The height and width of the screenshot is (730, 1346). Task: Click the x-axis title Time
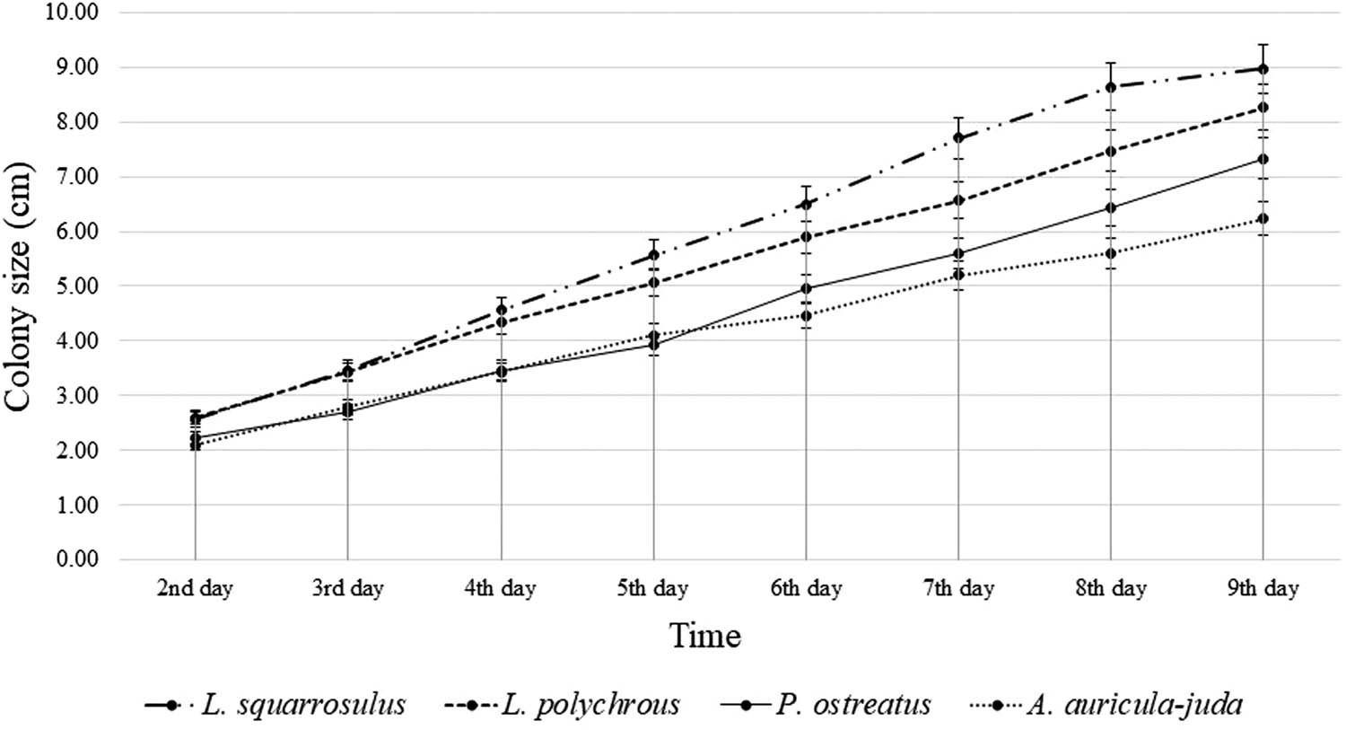point(705,636)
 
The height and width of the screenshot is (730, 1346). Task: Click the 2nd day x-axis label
point(195,589)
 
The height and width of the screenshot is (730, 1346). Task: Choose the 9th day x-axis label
point(1263,589)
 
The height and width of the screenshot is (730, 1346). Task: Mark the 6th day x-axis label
point(806,589)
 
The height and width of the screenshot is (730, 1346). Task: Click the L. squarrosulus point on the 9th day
point(1263,69)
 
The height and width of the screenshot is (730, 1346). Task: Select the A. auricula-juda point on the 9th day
point(1263,219)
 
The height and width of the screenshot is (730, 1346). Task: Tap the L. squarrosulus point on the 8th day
point(1111,87)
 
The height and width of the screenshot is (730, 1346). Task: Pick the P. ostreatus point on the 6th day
point(806,288)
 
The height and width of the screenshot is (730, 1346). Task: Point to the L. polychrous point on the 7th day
point(958,200)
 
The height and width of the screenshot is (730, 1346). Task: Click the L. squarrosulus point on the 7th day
point(958,137)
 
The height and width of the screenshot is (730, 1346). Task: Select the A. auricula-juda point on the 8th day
point(1111,253)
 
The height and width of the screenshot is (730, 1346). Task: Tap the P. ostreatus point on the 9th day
point(1263,159)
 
